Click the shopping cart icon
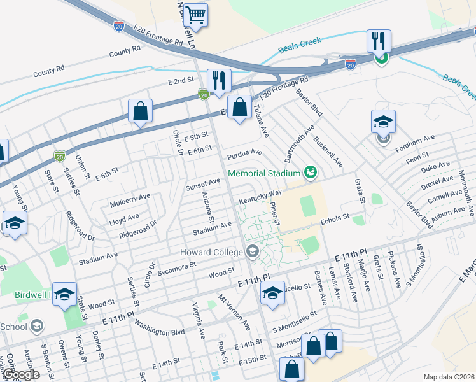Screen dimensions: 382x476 197,14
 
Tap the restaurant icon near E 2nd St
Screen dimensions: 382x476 218,80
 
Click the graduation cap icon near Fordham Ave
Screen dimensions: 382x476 383,121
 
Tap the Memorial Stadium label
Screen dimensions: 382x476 263,173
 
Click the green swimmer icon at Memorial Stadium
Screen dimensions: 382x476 310,172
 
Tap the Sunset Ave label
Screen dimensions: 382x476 202,184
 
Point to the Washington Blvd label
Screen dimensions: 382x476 160,332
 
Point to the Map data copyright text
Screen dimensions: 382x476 448,377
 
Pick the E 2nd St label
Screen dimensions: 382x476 181,81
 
